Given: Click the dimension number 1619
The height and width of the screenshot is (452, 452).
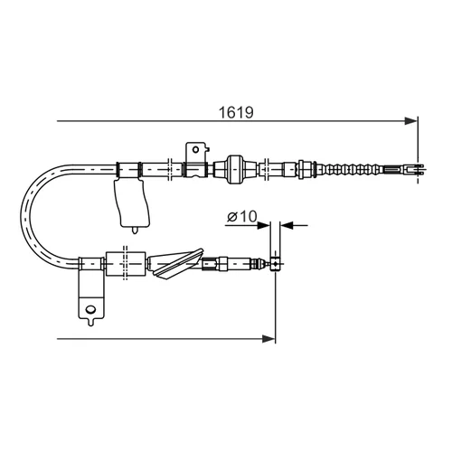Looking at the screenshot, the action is click(236, 112).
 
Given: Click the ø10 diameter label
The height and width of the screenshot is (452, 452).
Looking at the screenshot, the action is click(242, 216).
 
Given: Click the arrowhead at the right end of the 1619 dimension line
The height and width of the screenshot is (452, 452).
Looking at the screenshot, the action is click(411, 121).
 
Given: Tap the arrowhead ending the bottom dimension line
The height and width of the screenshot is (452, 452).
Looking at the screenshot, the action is click(268, 339).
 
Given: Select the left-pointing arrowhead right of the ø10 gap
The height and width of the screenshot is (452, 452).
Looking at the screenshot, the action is click(287, 225).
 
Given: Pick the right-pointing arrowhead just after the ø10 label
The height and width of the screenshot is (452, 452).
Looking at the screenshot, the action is click(263, 225).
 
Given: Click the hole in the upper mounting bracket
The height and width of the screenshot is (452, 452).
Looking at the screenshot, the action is click(196, 149).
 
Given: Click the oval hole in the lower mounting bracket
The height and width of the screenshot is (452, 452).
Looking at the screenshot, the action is click(90, 309).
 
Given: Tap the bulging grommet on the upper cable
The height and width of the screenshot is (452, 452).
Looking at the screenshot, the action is click(235, 170).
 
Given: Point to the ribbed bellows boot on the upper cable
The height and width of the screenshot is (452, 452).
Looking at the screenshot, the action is click(351, 170).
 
